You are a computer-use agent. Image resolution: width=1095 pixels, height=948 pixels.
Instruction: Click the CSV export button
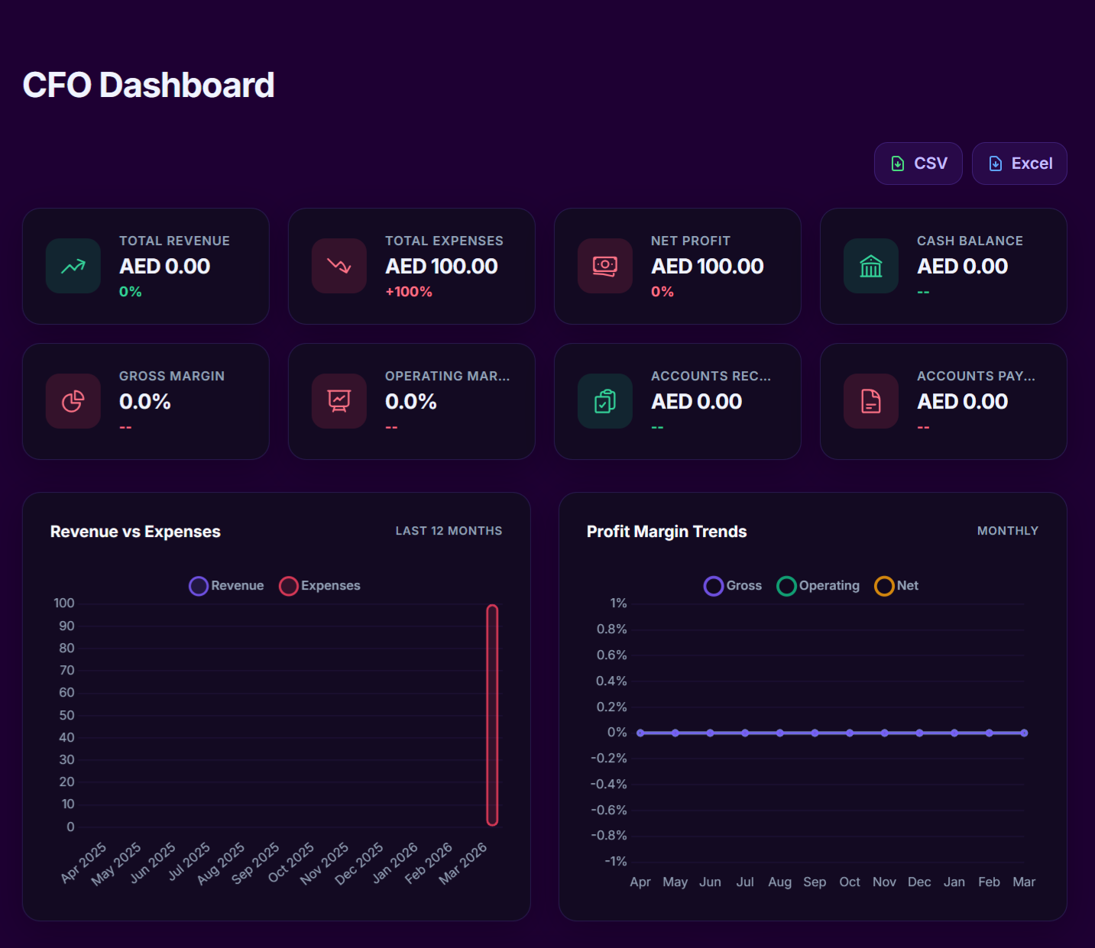pos(918,163)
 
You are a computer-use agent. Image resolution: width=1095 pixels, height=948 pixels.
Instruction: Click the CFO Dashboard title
pos(148,85)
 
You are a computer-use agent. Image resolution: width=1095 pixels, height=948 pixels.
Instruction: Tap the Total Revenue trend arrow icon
pos(73,266)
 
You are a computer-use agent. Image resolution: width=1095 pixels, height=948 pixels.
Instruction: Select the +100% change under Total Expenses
pos(409,292)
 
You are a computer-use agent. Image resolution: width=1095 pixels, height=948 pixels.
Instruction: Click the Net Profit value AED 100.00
pos(707,267)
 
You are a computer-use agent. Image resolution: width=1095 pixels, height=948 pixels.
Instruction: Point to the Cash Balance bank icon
pos(870,266)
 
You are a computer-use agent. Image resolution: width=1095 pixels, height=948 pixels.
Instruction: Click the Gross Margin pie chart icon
pos(73,401)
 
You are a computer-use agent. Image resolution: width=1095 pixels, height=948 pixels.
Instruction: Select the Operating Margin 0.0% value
pos(410,402)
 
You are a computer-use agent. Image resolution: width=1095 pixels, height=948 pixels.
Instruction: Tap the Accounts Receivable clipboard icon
pos(605,401)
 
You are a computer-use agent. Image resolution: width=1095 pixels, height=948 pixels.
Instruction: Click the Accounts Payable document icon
pos(870,401)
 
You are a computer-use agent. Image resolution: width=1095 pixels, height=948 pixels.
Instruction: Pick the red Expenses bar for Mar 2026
pos(492,715)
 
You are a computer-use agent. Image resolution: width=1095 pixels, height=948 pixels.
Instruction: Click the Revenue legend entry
pos(227,586)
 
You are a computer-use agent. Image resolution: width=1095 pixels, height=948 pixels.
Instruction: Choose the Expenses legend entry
pos(320,586)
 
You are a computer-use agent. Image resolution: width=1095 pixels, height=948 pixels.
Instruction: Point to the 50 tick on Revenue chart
pos(67,716)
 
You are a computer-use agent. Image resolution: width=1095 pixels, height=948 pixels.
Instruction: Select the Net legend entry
pos(897,586)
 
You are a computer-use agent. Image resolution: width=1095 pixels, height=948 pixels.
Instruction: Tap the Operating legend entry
pos(818,586)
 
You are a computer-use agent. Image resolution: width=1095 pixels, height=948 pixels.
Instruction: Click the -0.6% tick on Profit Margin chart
pos(609,810)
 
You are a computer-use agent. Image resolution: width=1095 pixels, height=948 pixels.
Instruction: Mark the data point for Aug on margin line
pos(779,733)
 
